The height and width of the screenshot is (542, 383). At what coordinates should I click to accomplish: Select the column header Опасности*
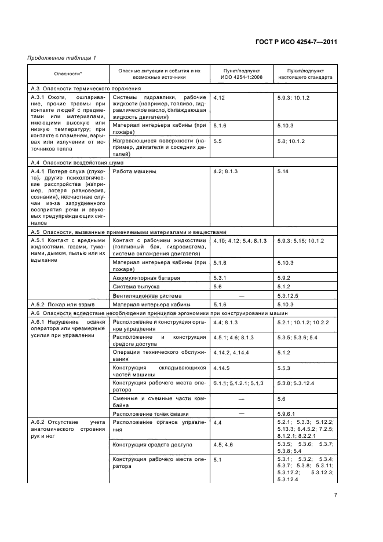tap(68, 74)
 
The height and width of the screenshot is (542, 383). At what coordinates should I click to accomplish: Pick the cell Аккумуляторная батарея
tap(146, 278)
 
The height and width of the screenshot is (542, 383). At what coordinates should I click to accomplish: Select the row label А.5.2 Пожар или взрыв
tap(62, 304)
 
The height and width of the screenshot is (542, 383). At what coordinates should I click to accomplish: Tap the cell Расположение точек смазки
tap(148, 413)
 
